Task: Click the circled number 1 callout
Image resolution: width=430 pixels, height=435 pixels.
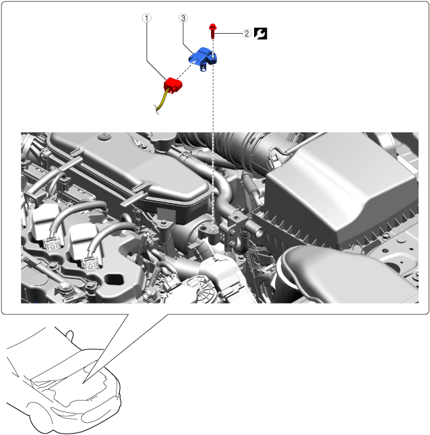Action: click(x=147, y=18)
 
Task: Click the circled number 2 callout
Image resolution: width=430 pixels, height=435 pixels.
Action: click(x=247, y=34)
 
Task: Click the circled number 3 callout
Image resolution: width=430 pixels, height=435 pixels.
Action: click(x=183, y=18)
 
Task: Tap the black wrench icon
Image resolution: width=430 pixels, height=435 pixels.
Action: click(x=260, y=34)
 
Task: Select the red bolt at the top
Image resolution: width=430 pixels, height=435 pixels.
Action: click(x=213, y=31)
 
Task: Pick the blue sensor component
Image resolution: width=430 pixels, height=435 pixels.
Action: click(x=203, y=58)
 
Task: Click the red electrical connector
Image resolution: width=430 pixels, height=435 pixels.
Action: click(x=173, y=86)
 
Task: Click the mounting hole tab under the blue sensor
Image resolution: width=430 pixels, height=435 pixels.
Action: click(x=204, y=67)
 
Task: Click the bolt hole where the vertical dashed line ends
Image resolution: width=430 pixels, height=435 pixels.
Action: click(x=213, y=231)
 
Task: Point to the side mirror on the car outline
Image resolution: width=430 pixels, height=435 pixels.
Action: click(x=70, y=335)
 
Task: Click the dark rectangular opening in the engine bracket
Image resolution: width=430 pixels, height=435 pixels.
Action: click(x=114, y=279)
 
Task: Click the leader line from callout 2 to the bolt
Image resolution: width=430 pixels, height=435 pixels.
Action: click(x=228, y=34)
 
